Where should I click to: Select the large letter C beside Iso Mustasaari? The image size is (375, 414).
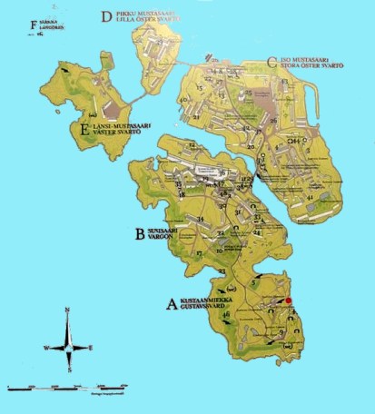(x=271, y=63)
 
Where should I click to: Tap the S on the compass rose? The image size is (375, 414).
(x=69, y=370)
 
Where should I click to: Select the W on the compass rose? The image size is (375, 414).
(x=46, y=348)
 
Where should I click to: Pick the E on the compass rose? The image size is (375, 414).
(x=91, y=348)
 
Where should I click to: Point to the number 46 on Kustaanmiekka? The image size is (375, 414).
(x=225, y=315)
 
